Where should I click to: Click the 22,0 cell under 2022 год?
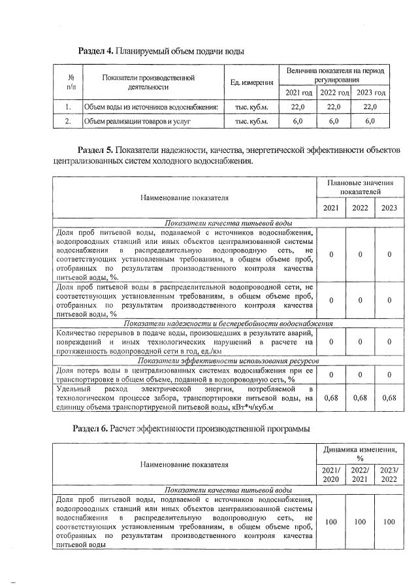pyautogui.click(x=334, y=107)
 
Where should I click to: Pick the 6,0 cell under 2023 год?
pyautogui.click(x=370, y=121)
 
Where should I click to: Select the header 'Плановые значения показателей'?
pyautogui.click(x=361, y=188)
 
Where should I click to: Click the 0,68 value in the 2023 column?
pyautogui.click(x=389, y=397)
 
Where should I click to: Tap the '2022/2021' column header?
pyautogui.click(x=360, y=475)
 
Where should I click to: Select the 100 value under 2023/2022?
pyautogui.click(x=389, y=522)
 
